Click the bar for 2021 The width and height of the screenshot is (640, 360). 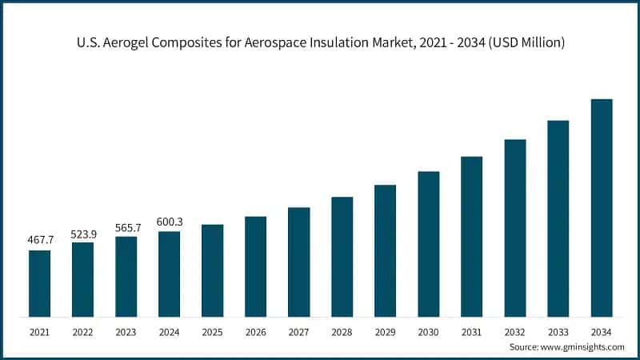pos(39,283)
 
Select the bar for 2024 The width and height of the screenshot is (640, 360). pos(169,274)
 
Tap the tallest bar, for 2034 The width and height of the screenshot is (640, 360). pos(601,208)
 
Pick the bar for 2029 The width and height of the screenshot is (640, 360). pos(385,250)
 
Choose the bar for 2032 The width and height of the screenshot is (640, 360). pos(514,228)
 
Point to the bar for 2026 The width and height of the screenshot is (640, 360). pos(255,266)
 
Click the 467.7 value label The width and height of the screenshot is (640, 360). pos(39,240)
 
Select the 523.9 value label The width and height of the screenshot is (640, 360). pos(82,232)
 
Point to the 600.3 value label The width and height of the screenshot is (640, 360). pos(169,222)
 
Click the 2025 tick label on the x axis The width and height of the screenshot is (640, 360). pos(212,330)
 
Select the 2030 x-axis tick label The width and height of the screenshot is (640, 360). pos(428,330)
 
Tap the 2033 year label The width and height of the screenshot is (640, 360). pos(558,330)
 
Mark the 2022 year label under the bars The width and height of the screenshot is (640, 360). pos(82,330)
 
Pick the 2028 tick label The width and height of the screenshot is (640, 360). pos(342,330)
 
